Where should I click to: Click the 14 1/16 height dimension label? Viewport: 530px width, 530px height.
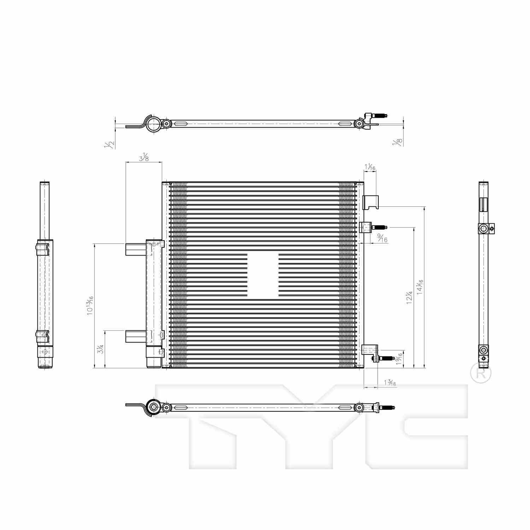(x=419, y=287)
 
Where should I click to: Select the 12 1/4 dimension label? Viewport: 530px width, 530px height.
(x=409, y=298)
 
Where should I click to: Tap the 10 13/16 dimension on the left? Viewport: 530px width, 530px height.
(x=90, y=306)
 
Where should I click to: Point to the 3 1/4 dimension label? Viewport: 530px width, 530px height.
(x=101, y=349)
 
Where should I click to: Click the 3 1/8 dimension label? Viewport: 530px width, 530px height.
(x=143, y=157)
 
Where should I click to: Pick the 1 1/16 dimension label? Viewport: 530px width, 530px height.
(x=370, y=167)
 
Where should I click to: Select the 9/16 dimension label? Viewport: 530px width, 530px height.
(x=382, y=238)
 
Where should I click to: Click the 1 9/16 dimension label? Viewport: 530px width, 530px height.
(x=399, y=359)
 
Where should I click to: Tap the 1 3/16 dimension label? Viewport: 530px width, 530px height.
(x=390, y=383)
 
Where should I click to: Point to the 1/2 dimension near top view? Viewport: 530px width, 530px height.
(x=110, y=144)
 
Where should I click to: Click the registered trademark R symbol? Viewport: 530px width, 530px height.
(x=481, y=373)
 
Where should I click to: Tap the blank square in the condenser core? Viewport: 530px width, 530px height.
(x=263, y=275)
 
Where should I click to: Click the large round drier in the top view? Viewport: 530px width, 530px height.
(x=154, y=124)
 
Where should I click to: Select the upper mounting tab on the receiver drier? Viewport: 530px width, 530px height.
(x=136, y=249)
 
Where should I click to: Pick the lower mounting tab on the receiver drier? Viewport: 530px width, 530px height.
(x=136, y=336)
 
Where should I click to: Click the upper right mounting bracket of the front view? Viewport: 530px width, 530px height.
(x=371, y=202)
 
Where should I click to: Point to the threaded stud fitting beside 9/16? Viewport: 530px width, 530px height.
(x=379, y=227)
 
